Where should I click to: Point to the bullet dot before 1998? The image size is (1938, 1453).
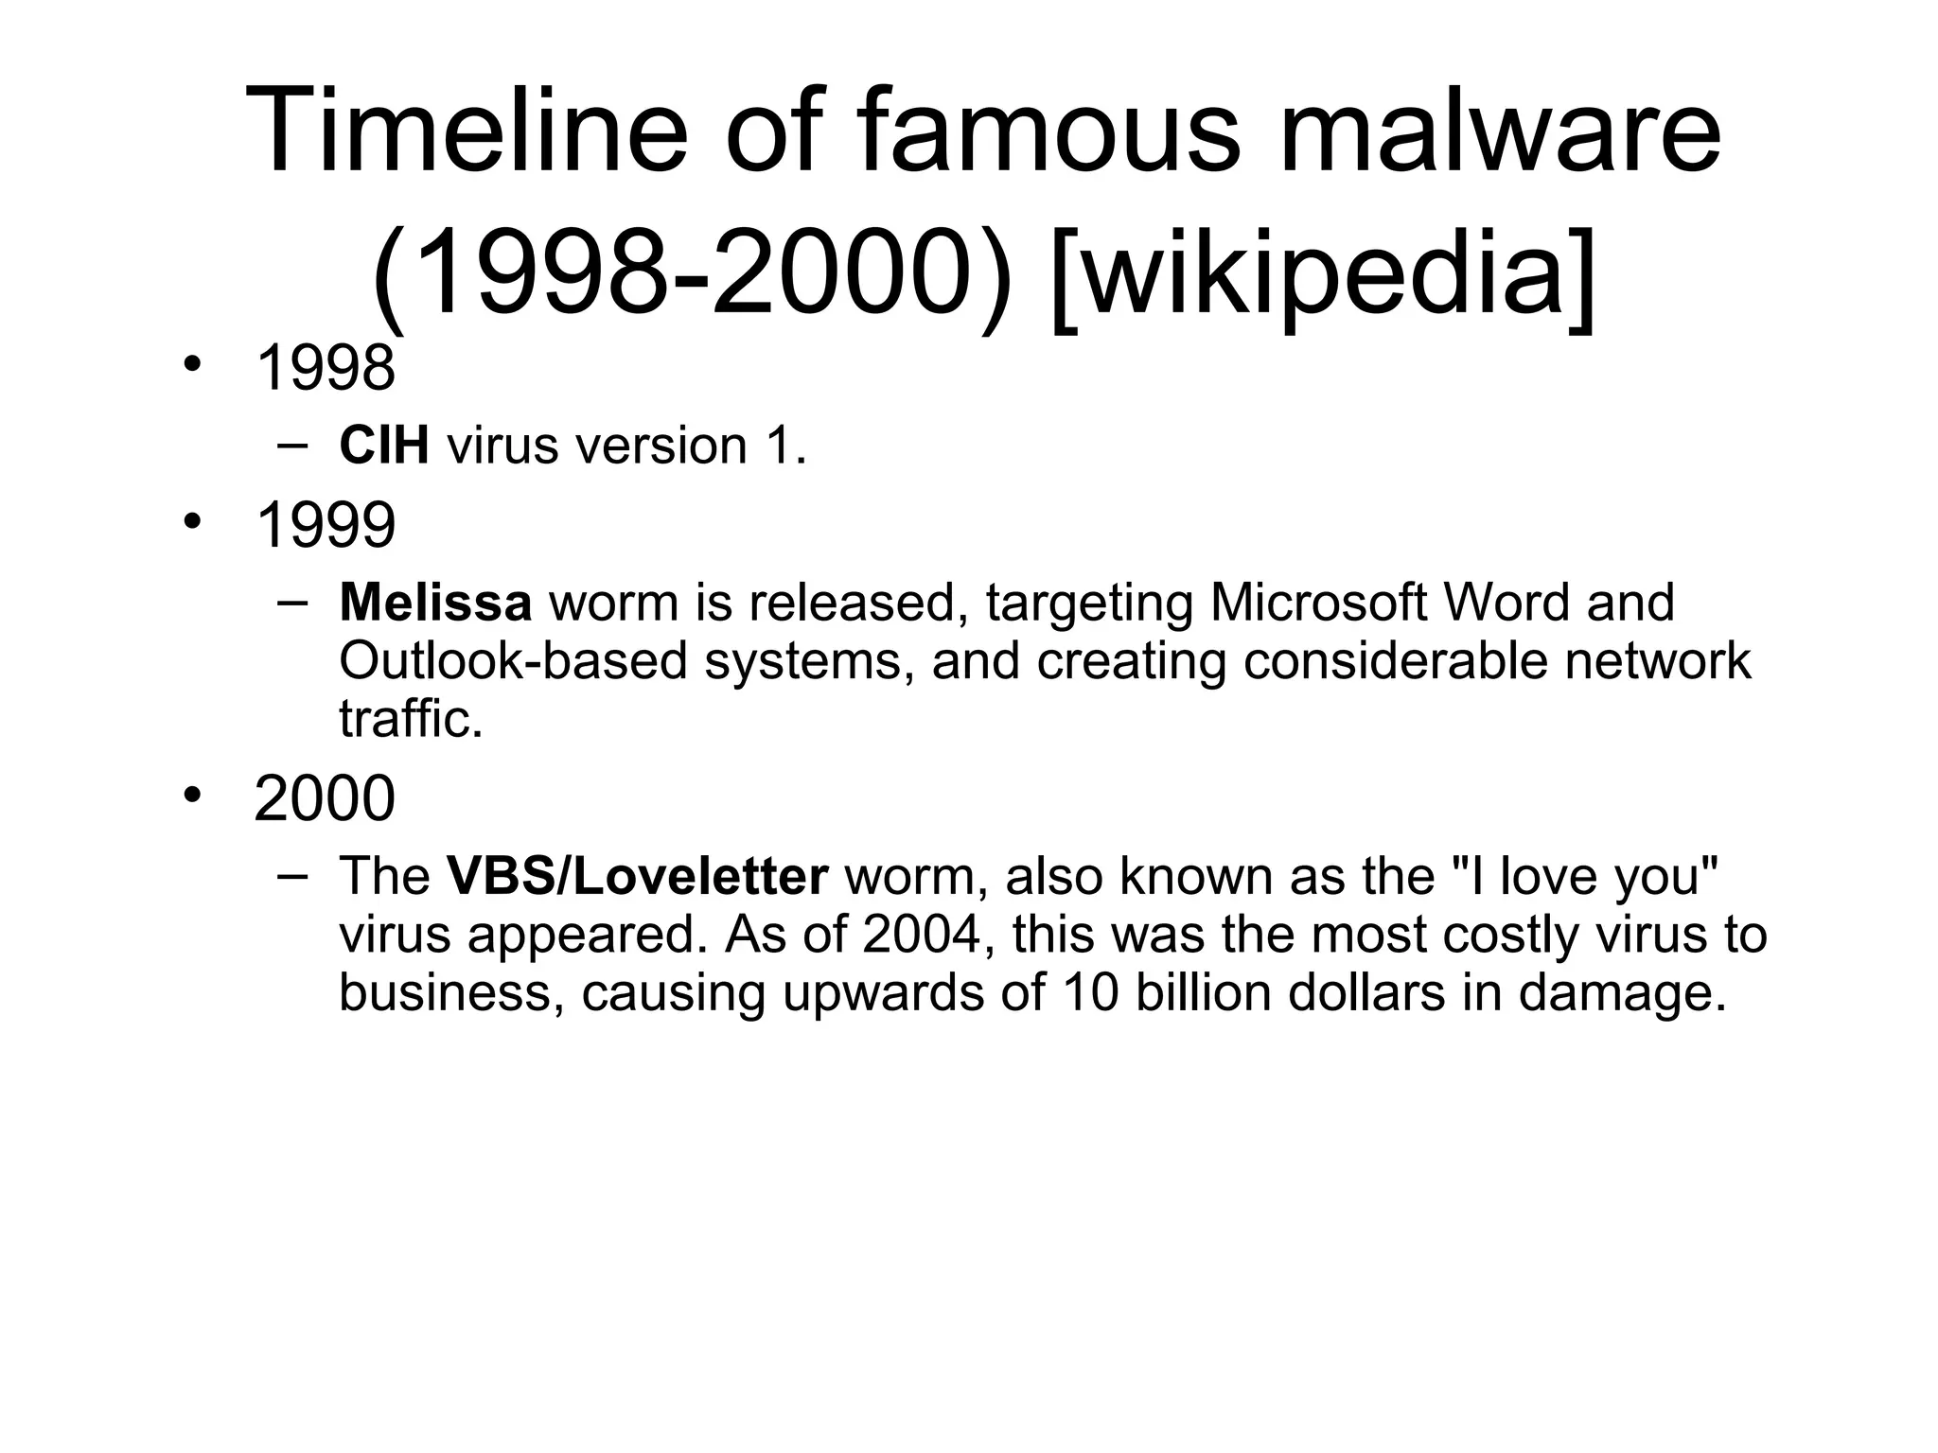coord(193,365)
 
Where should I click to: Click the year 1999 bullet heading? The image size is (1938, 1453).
coord(325,525)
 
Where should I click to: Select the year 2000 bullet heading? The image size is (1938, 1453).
coord(325,798)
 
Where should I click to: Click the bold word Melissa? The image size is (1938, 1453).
coord(435,603)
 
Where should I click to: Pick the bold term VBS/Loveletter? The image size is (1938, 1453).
coord(638,876)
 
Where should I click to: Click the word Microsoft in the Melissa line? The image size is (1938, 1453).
coord(1317,603)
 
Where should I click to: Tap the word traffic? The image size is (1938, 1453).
coord(411,719)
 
